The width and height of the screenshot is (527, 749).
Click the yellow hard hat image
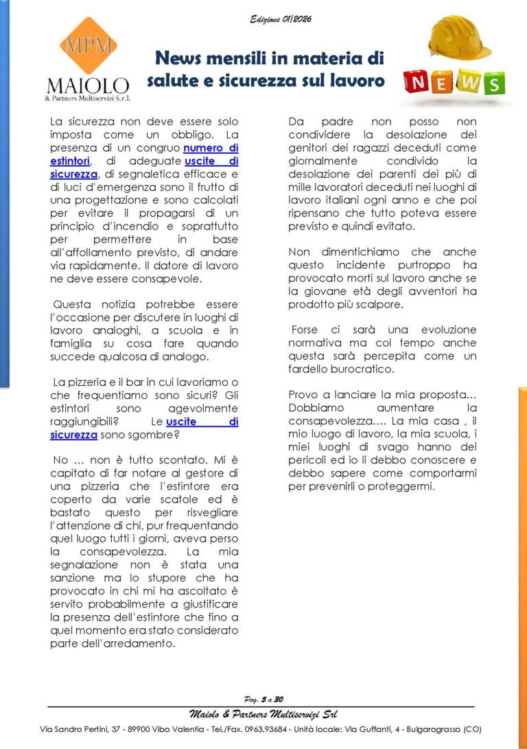point(459,38)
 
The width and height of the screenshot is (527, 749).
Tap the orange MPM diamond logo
point(87,46)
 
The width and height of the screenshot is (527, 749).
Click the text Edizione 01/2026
point(280,19)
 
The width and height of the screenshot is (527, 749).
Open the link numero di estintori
point(210,148)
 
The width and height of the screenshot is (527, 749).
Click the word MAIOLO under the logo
point(87,85)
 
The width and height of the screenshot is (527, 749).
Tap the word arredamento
point(139,643)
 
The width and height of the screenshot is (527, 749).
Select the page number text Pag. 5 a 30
point(263,700)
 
